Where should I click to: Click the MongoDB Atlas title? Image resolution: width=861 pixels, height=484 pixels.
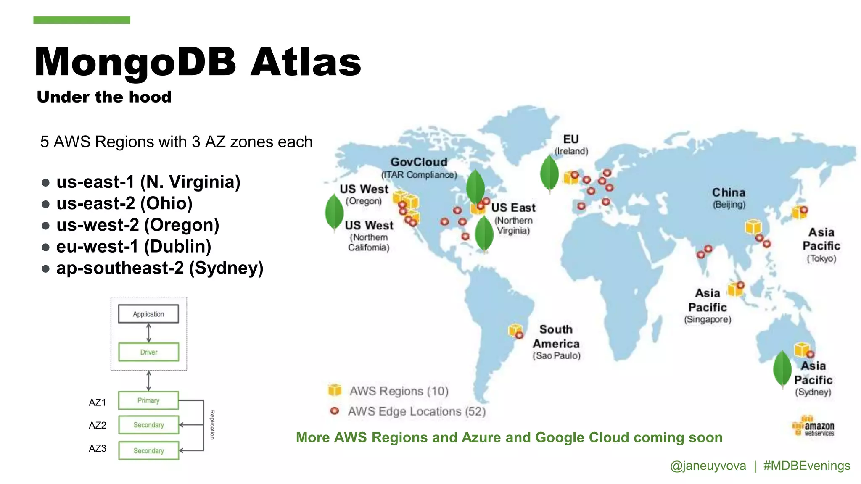(198, 62)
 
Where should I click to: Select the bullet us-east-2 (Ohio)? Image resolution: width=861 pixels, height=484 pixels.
(124, 203)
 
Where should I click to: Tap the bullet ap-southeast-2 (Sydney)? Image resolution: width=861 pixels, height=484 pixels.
(159, 268)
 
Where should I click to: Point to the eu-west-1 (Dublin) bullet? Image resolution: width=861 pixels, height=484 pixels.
(133, 247)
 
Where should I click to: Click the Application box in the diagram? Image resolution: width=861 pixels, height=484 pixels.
(148, 314)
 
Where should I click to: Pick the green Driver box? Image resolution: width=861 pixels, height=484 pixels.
(148, 352)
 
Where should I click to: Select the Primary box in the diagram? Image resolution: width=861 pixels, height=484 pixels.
(148, 400)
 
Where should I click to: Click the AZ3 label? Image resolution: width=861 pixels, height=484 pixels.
(98, 448)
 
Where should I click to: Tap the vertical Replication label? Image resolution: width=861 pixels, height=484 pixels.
(212, 424)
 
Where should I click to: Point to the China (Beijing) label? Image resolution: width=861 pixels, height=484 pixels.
(729, 197)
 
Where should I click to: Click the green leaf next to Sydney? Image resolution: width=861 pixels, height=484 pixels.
(782, 368)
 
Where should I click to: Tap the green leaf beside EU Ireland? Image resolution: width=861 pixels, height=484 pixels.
(549, 174)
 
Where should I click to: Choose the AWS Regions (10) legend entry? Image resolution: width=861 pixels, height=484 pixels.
(398, 391)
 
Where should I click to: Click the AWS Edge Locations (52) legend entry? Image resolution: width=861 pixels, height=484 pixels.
(416, 411)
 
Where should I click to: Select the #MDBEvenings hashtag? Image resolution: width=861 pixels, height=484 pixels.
(806, 466)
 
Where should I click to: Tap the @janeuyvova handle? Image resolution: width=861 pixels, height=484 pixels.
(708, 466)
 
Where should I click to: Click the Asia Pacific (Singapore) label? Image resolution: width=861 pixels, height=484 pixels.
(708, 305)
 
